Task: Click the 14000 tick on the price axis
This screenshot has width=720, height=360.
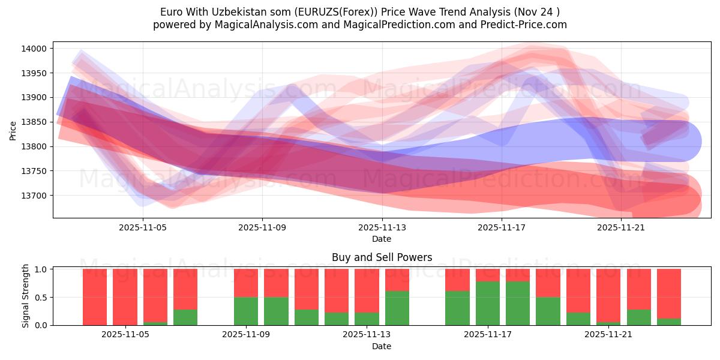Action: (x=38, y=49)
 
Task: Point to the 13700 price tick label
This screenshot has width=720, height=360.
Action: (x=38, y=196)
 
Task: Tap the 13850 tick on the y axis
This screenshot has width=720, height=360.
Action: (x=38, y=122)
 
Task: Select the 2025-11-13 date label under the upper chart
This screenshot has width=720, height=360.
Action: (x=382, y=227)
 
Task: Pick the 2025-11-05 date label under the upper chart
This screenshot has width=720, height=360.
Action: (x=143, y=227)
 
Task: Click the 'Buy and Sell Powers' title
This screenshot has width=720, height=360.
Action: (x=382, y=257)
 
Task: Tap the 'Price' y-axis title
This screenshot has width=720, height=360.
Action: (x=13, y=130)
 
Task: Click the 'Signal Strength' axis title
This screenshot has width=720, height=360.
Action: (x=25, y=296)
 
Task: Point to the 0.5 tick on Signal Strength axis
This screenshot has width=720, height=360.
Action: (x=41, y=298)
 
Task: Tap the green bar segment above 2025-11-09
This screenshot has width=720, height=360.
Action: (x=246, y=311)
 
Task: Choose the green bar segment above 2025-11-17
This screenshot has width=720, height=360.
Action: (x=487, y=303)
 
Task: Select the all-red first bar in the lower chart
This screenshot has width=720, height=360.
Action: (x=95, y=297)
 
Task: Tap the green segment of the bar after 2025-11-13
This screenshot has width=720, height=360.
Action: (x=397, y=308)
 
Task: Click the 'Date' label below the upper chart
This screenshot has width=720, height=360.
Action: (x=382, y=239)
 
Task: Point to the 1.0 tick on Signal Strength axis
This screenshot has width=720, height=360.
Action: (x=41, y=269)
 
